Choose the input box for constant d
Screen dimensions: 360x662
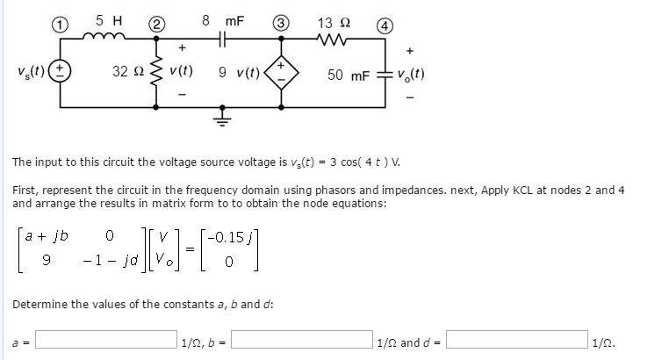[519, 340]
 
